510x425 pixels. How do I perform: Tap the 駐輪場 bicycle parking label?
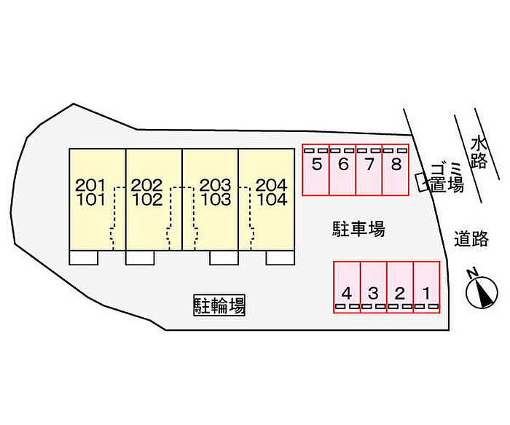[219, 305]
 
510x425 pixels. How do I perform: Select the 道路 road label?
[471, 238]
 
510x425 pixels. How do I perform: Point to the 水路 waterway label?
[478, 152]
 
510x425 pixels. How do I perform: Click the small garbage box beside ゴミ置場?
[421, 182]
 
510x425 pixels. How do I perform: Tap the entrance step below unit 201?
[84, 257]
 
